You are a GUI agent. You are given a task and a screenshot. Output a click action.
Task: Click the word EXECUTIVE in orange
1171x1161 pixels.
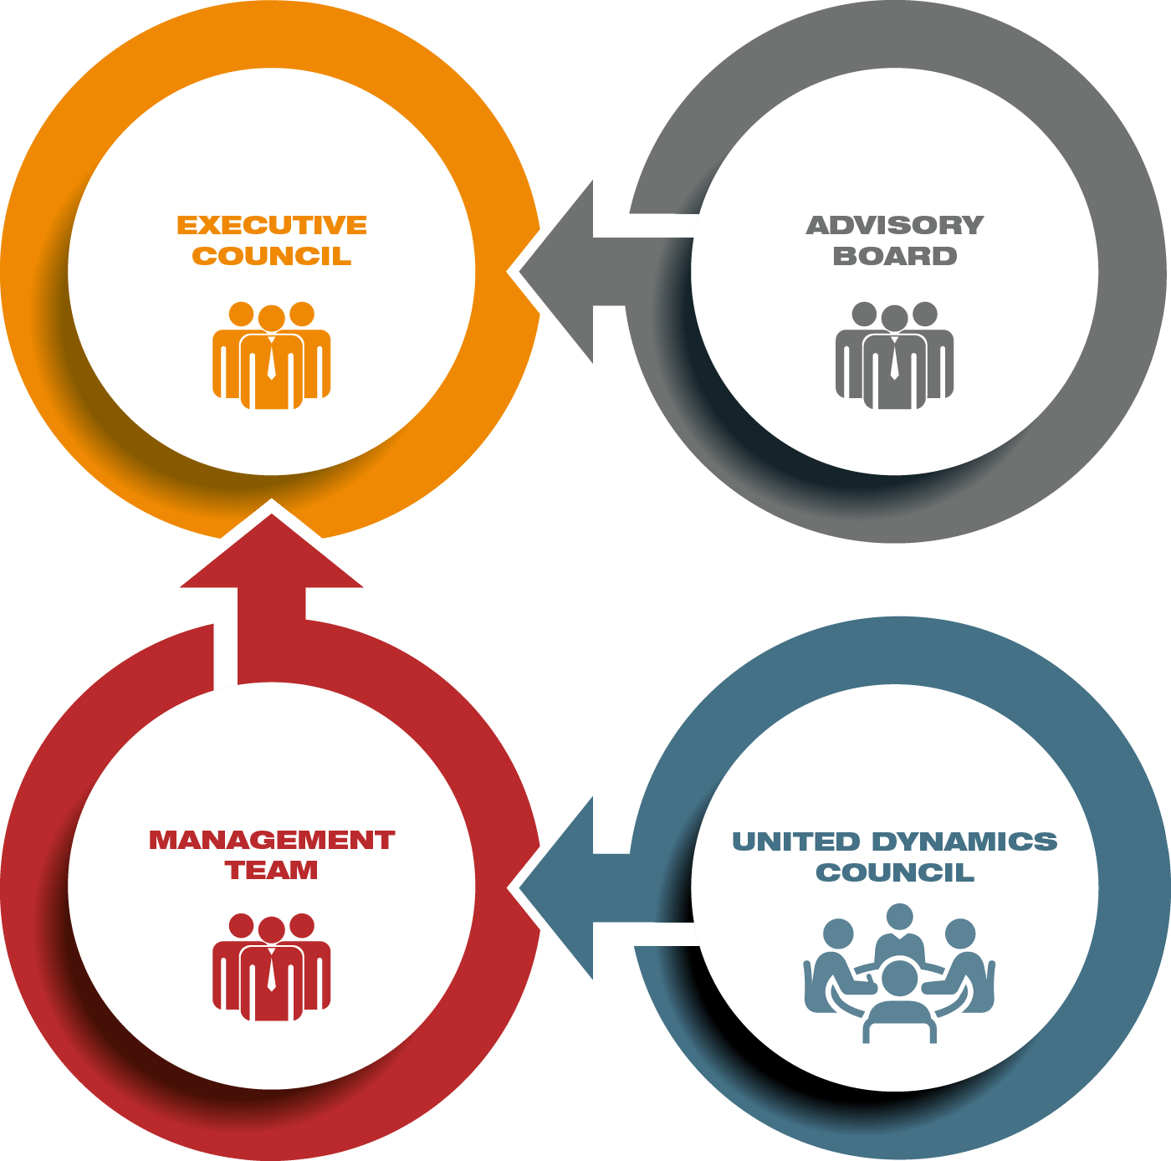(x=272, y=225)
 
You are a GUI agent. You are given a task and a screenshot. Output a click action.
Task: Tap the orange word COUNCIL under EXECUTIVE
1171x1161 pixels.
(x=272, y=256)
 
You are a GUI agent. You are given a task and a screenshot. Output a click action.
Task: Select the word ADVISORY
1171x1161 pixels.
(x=894, y=225)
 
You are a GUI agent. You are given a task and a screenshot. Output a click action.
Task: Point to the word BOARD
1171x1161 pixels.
(x=894, y=256)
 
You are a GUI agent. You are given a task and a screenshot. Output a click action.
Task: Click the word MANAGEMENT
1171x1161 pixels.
(x=272, y=840)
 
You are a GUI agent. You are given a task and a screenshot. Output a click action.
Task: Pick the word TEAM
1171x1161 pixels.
(x=272, y=871)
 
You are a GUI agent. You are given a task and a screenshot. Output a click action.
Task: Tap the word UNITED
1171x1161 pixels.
(x=795, y=841)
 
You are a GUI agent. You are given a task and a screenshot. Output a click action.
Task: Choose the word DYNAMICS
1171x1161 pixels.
(x=964, y=841)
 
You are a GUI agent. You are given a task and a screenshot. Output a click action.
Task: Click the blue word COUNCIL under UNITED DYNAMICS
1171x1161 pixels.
(x=894, y=872)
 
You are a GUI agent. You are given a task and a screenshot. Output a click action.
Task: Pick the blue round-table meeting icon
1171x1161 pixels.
(x=898, y=974)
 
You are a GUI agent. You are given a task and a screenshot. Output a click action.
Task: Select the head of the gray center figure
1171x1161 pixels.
(x=894, y=318)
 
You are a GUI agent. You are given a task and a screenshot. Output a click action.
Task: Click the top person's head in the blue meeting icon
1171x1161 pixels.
(x=899, y=917)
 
